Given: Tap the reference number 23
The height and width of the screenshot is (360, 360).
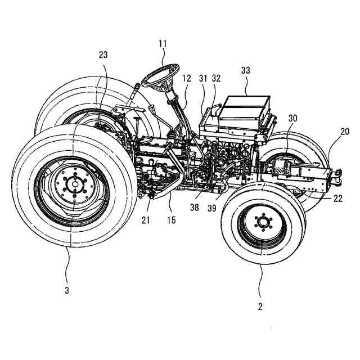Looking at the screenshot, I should tap(103, 55).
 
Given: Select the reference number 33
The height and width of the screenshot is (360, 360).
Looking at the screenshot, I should tap(246, 71).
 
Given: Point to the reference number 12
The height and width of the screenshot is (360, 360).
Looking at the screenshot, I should tap(187, 79).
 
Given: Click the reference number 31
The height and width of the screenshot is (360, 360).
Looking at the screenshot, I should tap(202, 79).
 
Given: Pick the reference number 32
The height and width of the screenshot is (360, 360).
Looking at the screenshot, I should tap(216, 79).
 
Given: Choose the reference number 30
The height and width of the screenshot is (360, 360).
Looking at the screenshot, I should tap(292, 119).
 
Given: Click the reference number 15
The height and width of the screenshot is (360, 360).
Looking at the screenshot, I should tap(171, 219).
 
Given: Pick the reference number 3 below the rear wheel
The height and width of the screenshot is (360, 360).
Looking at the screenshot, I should tap(67, 290).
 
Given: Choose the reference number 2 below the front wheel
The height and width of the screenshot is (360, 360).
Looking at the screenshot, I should tap(259, 307).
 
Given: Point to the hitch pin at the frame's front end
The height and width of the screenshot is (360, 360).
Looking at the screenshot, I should tap(339, 175).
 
